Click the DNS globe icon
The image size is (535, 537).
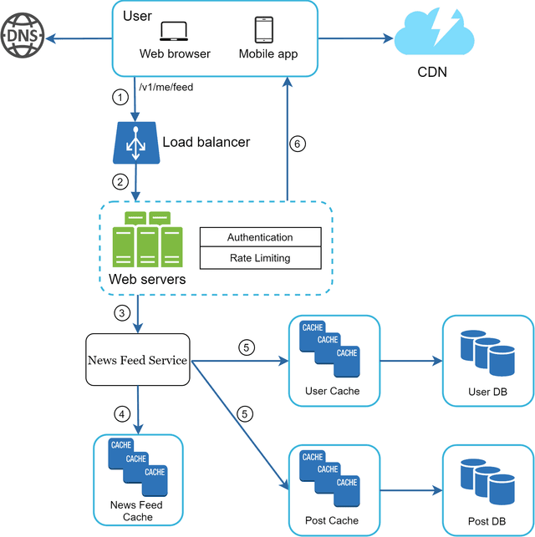click(23, 38)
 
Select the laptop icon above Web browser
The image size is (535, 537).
click(175, 31)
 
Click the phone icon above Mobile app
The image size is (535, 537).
click(264, 29)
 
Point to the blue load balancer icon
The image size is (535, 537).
click(135, 142)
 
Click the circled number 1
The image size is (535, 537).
click(120, 97)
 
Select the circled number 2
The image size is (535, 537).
click(120, 181)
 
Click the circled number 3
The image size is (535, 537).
click(120, 315)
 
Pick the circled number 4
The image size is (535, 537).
click(120, 413)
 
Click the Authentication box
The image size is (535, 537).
click(260, 238)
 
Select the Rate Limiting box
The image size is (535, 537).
click(260, 258)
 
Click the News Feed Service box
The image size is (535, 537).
click(138, 361)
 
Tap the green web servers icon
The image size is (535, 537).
click(147, 239)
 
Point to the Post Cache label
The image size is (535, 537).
click(332, 521)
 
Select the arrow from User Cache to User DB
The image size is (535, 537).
click(410, 362)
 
